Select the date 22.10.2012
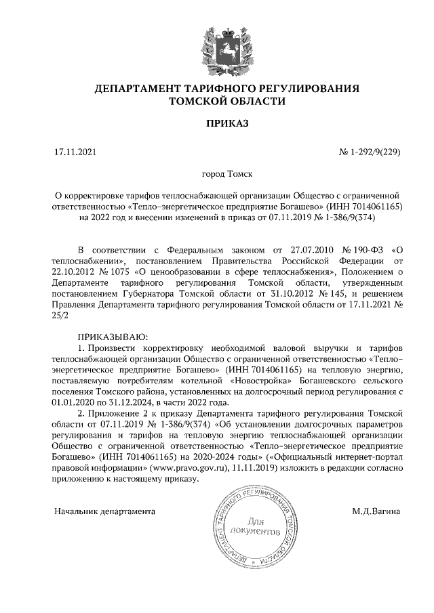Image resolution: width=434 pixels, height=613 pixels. [75, 272]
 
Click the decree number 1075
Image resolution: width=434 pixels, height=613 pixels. [115, 272]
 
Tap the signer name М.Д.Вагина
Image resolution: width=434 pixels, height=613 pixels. [376, 510]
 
